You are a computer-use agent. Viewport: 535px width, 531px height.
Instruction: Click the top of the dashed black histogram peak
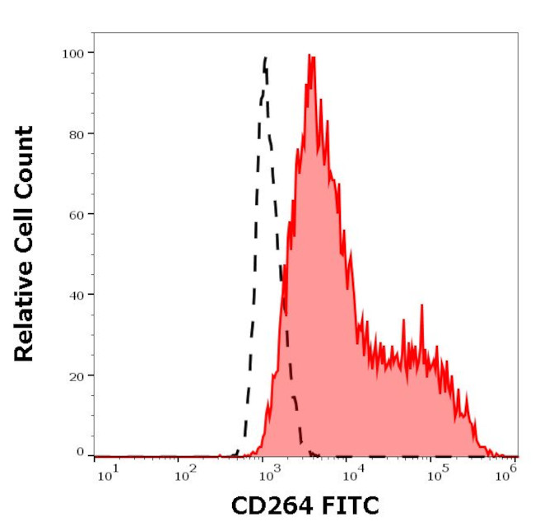pos(265,58)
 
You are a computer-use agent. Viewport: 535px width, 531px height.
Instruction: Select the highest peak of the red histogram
pos(309,55)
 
